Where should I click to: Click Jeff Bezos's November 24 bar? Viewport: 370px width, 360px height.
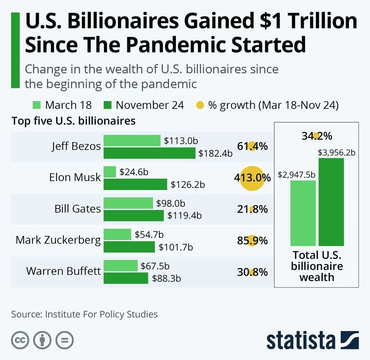coord(149,153)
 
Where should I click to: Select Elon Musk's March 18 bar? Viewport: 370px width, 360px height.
coord(110,172)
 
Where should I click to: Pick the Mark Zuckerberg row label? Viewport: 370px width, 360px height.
coord(58,240)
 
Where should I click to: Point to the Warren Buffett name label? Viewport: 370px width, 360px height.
coord(63,271)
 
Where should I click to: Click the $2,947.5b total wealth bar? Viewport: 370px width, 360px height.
coord(303,213)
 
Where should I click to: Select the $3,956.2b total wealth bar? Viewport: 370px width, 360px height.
coord(331,202)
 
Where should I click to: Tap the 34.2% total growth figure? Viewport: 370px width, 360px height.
coord(317,136)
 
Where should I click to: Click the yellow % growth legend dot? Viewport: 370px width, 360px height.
coord(199,105)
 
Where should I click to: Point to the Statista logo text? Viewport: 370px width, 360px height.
coord(300,340)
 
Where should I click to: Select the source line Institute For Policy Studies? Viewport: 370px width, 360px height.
coord(84,314)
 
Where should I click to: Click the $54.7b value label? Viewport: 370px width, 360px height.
coord(149,234)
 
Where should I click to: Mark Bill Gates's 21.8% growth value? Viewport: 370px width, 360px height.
coord(252,209)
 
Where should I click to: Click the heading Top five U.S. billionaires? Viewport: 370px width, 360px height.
coord(74,121)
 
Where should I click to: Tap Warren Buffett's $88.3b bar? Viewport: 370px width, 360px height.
coord(125,278)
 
